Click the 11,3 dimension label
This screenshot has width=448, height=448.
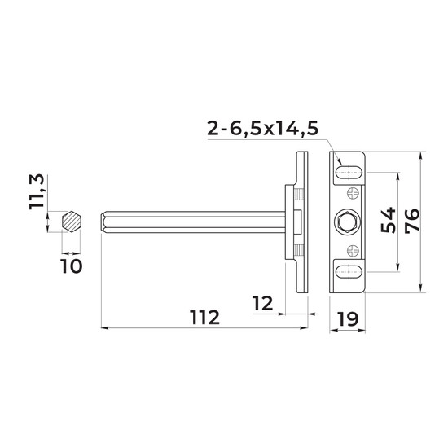coord(37,191)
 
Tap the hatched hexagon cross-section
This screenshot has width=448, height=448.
coord(72,222)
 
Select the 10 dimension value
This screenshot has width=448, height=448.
coord(72,266)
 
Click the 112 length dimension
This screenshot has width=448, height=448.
coord(205,317)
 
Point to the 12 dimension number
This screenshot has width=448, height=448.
coord(262,303)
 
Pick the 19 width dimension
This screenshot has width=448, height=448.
coord(348,318)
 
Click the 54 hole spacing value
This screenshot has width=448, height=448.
coord(389,220)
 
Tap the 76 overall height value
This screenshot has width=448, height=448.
coord(412,220)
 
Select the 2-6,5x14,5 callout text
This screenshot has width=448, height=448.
coord(262,129)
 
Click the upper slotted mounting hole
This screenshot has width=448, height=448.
coord(349,173)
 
